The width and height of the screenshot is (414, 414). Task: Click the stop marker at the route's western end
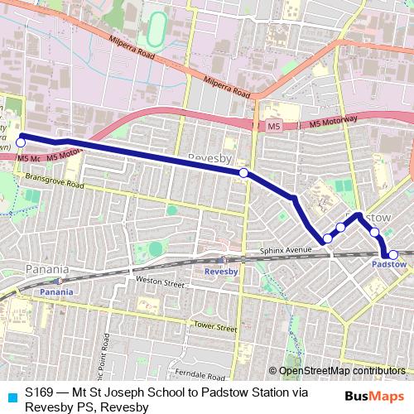coord(21,142)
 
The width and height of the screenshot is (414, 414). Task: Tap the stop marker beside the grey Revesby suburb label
coord(243,172)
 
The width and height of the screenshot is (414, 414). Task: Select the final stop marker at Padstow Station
coord(393,255)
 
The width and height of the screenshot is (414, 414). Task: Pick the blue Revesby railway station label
coord(221,271)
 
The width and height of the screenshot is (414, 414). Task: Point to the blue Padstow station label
coord(388,265)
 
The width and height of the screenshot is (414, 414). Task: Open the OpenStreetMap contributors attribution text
coord(342,371)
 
